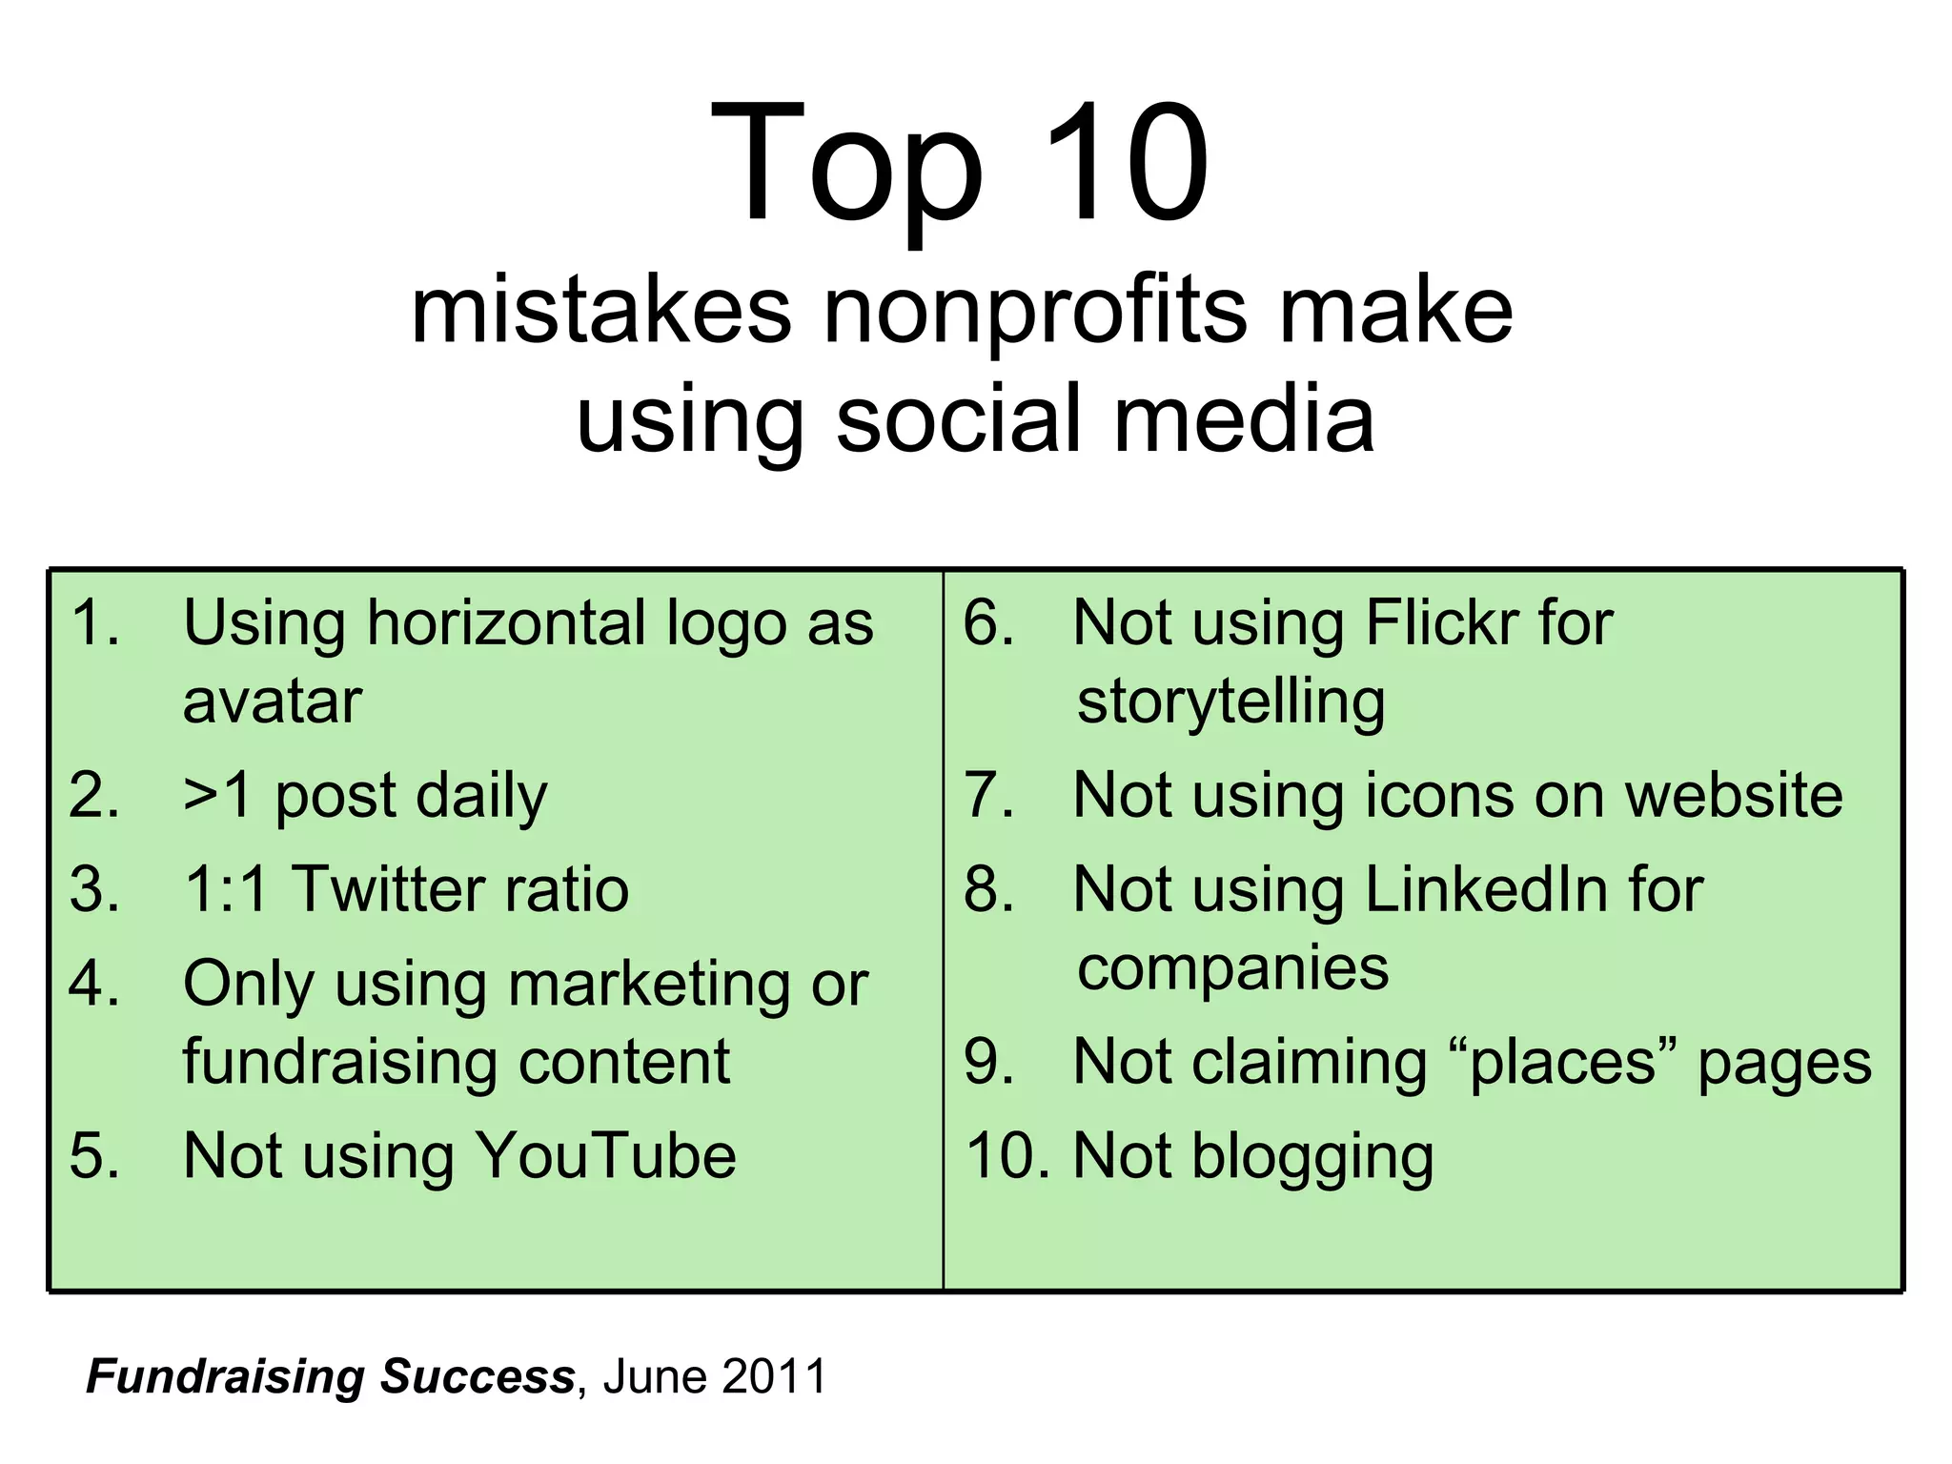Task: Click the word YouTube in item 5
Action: pyautogui.click(x=605, y=1156)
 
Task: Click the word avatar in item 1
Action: pyautogui.click(x=273, y=701)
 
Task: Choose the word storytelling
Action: pyautogui.click(x=1230, y=701)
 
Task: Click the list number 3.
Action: pyautogui.click(x=93, y=889)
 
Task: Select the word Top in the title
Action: pyautogui.click(x=846, y=164)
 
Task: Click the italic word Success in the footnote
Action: pyautogui.click(x=478, y=1376)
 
